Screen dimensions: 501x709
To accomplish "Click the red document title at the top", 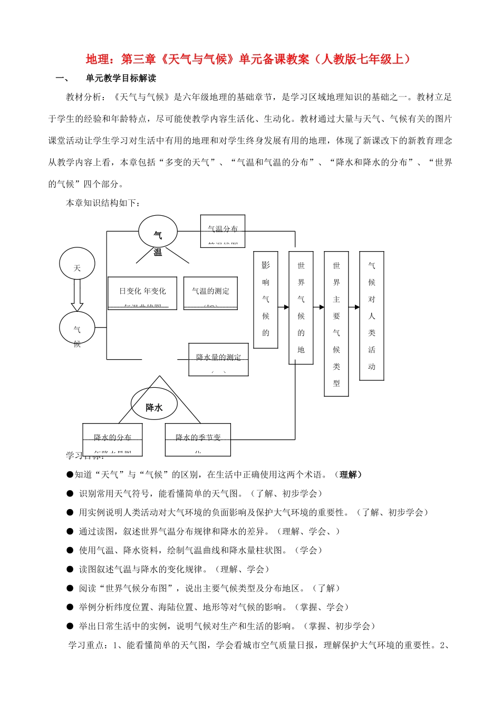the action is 248,59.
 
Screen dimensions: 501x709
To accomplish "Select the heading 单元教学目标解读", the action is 121,79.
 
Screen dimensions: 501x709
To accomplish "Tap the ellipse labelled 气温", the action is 158,232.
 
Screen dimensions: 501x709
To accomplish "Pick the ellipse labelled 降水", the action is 154,405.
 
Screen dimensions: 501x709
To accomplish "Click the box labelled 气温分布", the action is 223,231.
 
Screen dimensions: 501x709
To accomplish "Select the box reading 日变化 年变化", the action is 142,293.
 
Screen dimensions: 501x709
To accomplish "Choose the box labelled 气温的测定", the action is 210,293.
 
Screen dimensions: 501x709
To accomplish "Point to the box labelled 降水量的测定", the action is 218,359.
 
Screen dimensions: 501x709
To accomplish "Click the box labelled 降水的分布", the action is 112,439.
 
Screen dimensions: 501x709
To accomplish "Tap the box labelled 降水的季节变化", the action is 198,439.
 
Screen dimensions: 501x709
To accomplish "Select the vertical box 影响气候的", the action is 266,300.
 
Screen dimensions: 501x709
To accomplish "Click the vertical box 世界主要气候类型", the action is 336,324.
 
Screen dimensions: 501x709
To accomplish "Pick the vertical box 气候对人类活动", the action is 372,315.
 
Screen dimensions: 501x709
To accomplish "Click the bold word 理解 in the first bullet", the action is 348,475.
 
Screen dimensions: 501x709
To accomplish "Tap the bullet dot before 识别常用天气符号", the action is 70,494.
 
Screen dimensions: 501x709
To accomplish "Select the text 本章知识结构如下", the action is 103,203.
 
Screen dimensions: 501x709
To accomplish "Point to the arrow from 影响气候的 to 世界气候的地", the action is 283,307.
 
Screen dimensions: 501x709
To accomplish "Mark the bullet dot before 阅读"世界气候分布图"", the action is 70,588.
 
